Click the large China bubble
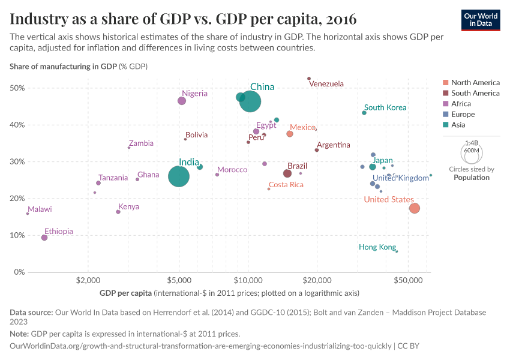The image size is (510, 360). (x=250, y=101)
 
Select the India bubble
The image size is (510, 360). (x=179, y=176)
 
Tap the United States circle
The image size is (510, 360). (x=414, y=208)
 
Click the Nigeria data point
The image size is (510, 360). (x=182, y=101)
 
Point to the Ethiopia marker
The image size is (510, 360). (x=44, y=238)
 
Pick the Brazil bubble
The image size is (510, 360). (x=287, y=173)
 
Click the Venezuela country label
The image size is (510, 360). (x=327, y=84)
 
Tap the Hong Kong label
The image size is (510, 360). (x=377, y=247)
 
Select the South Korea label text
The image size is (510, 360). (x=385, y=108)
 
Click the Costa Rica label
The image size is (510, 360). (x=286, y=185)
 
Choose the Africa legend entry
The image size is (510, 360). (x=461, y=104)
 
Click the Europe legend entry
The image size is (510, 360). (x=463, y=115)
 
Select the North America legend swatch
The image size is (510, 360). (x=445, y=83)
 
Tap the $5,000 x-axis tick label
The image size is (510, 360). (x=179, y=280)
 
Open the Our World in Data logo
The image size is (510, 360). (x=481, y=19)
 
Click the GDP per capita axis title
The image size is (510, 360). (x=126, y=293)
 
